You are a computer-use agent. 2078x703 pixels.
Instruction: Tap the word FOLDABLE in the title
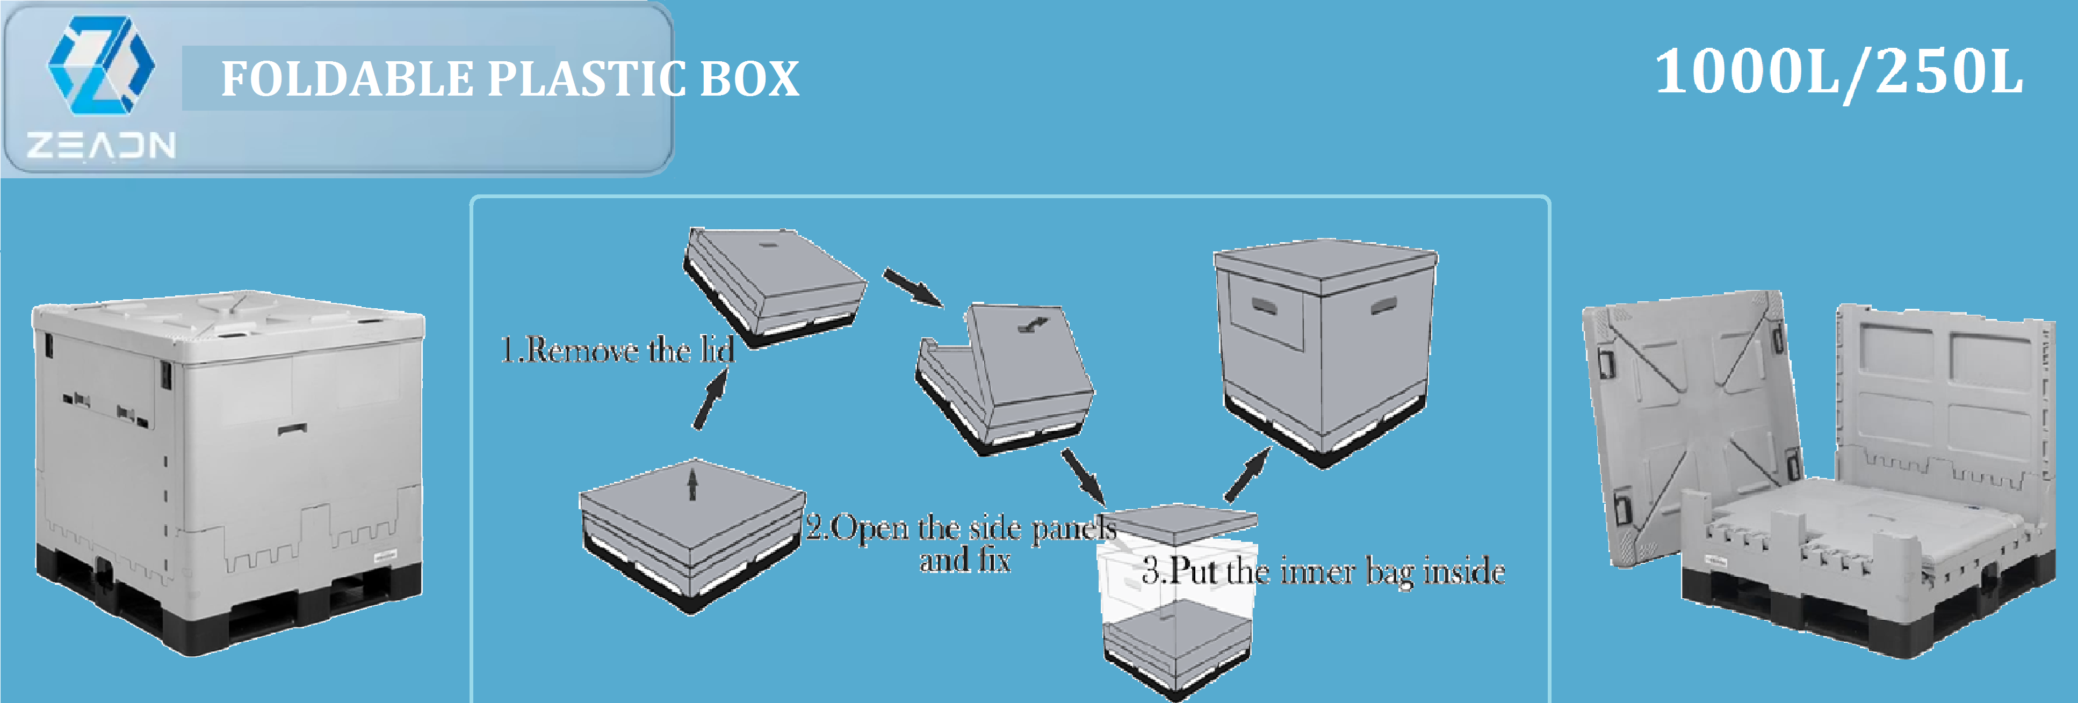347,79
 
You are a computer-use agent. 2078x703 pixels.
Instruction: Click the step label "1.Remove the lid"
617,350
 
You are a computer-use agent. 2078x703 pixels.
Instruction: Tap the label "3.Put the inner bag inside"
1323,571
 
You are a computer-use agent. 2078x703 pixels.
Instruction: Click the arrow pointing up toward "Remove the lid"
710,401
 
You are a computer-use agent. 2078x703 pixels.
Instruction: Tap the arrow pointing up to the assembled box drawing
1246,476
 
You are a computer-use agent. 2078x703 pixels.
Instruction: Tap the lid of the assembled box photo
226,327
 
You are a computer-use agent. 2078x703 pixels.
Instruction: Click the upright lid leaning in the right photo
1690,419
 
